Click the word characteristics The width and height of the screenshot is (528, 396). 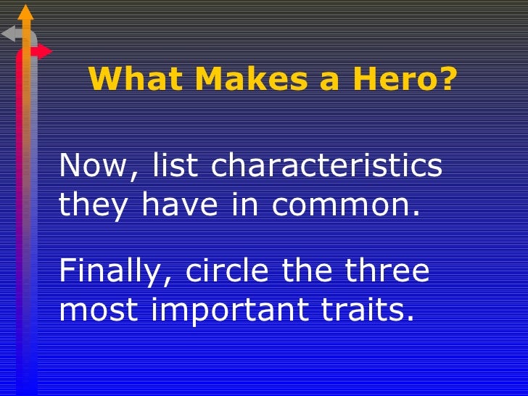point(326,166)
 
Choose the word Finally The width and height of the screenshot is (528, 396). point(116,272)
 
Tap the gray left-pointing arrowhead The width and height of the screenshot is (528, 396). point(9,33)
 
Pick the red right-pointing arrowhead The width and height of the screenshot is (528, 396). point(44,51)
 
